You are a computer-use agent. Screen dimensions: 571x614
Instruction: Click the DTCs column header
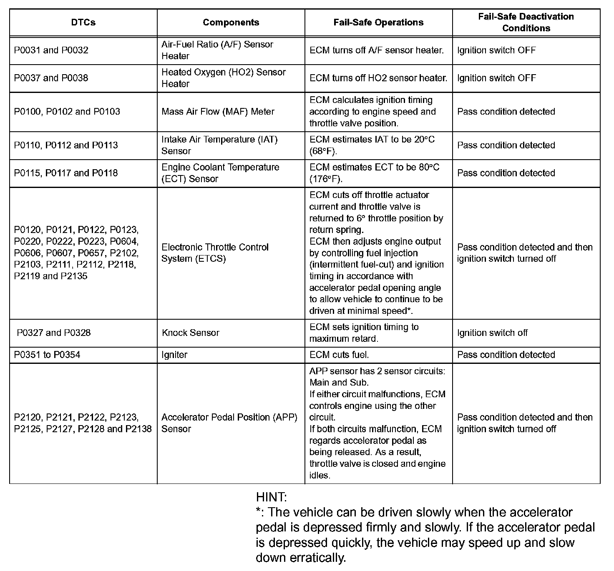[x=83, y=23]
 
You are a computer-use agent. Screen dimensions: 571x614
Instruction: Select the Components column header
[x=231, y=23]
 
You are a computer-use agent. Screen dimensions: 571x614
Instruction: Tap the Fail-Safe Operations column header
[x=378, y=23]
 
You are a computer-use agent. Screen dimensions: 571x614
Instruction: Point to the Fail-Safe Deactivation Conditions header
[x=526, y=23]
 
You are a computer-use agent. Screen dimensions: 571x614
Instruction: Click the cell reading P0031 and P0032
[x=51, y=50]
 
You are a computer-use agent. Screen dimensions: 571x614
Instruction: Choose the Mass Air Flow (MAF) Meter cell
[x=218, y=112]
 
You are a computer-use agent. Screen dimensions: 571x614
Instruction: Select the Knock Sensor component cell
[x=190, y=333]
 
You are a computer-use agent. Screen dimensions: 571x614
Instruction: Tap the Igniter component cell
[x=174, y=355]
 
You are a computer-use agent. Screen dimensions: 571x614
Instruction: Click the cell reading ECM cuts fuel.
[x=339, y=355]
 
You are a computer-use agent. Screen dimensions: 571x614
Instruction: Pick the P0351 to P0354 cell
[x=47, y=355]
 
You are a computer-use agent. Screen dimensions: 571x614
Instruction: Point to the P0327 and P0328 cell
[x=53, y=333]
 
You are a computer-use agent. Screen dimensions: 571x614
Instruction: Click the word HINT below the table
[x=271, y=497]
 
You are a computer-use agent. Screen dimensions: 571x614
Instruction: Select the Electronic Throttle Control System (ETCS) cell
[x=215, y=253]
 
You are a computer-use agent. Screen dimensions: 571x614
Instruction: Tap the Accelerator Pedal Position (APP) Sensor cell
[x=229, y=423]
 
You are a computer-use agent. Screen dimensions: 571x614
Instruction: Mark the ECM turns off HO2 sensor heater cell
[x=378, y=78]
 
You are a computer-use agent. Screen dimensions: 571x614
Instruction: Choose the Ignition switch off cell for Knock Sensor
[x=492, y=333]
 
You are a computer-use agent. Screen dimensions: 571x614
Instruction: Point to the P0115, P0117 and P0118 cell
[x=66, y=173]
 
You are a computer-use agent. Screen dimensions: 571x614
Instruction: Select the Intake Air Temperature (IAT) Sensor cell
[x=219, y=145]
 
